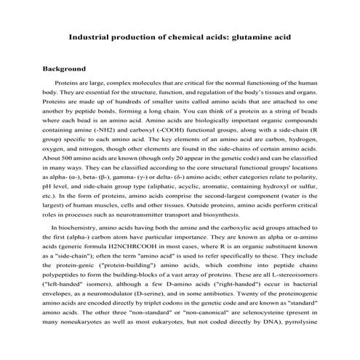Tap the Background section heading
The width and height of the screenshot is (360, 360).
pyautogui.click(x=66, y=71)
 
